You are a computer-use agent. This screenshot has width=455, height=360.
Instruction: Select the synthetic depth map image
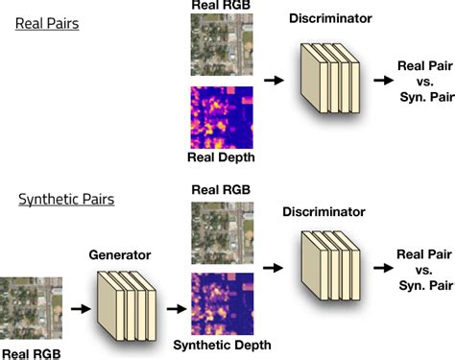221,302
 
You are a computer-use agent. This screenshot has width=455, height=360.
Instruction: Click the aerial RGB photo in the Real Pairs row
221,47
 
